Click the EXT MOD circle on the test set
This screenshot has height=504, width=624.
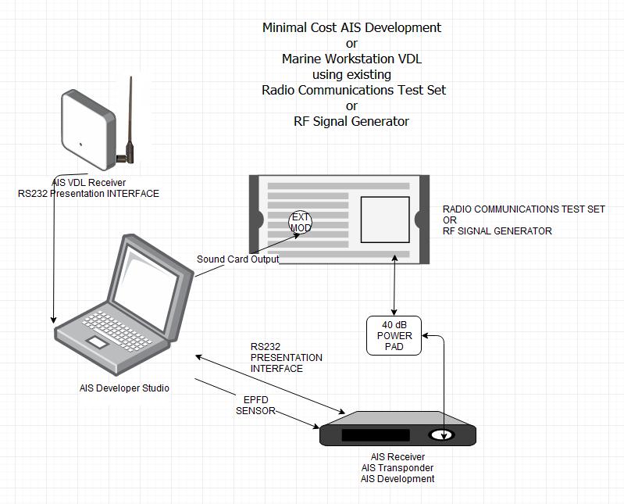click(301, 222)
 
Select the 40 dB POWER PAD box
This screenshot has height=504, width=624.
click(394, 335)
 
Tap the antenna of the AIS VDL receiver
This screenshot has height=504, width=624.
click(130, 117)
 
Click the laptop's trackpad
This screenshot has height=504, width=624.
click(98, 342)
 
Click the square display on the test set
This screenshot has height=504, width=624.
click(384, 220)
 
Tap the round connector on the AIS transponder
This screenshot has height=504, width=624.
click(443, 435)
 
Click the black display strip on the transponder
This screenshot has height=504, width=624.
click(376, 435)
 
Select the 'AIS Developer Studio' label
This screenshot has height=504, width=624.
click(124, 388)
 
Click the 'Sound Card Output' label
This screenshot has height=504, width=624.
click(237, 259)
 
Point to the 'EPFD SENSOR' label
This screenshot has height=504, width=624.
click(255, 405)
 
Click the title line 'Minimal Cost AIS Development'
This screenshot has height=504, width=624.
click(351, 27)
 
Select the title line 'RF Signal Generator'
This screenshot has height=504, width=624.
click(351, 121)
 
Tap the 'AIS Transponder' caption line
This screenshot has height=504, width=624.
click(398, 468)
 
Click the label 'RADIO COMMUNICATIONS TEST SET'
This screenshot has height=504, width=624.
click(523, 209)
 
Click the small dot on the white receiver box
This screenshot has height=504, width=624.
click(80, 143)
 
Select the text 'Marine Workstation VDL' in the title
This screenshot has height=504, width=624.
click(351, 59)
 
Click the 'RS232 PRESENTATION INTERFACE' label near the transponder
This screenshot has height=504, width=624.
click(286, 357)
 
